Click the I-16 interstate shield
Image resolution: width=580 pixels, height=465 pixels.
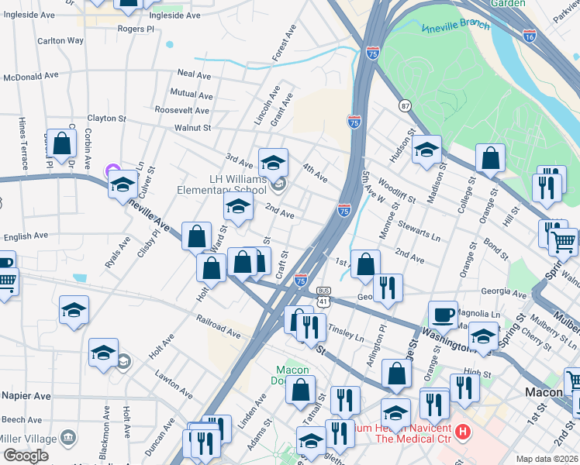click(529, 36)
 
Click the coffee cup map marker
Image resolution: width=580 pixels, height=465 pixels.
click(443, 314)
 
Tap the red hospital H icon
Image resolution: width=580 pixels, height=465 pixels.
click(463, 431)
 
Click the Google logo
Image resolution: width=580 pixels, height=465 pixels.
click(26, 456)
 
